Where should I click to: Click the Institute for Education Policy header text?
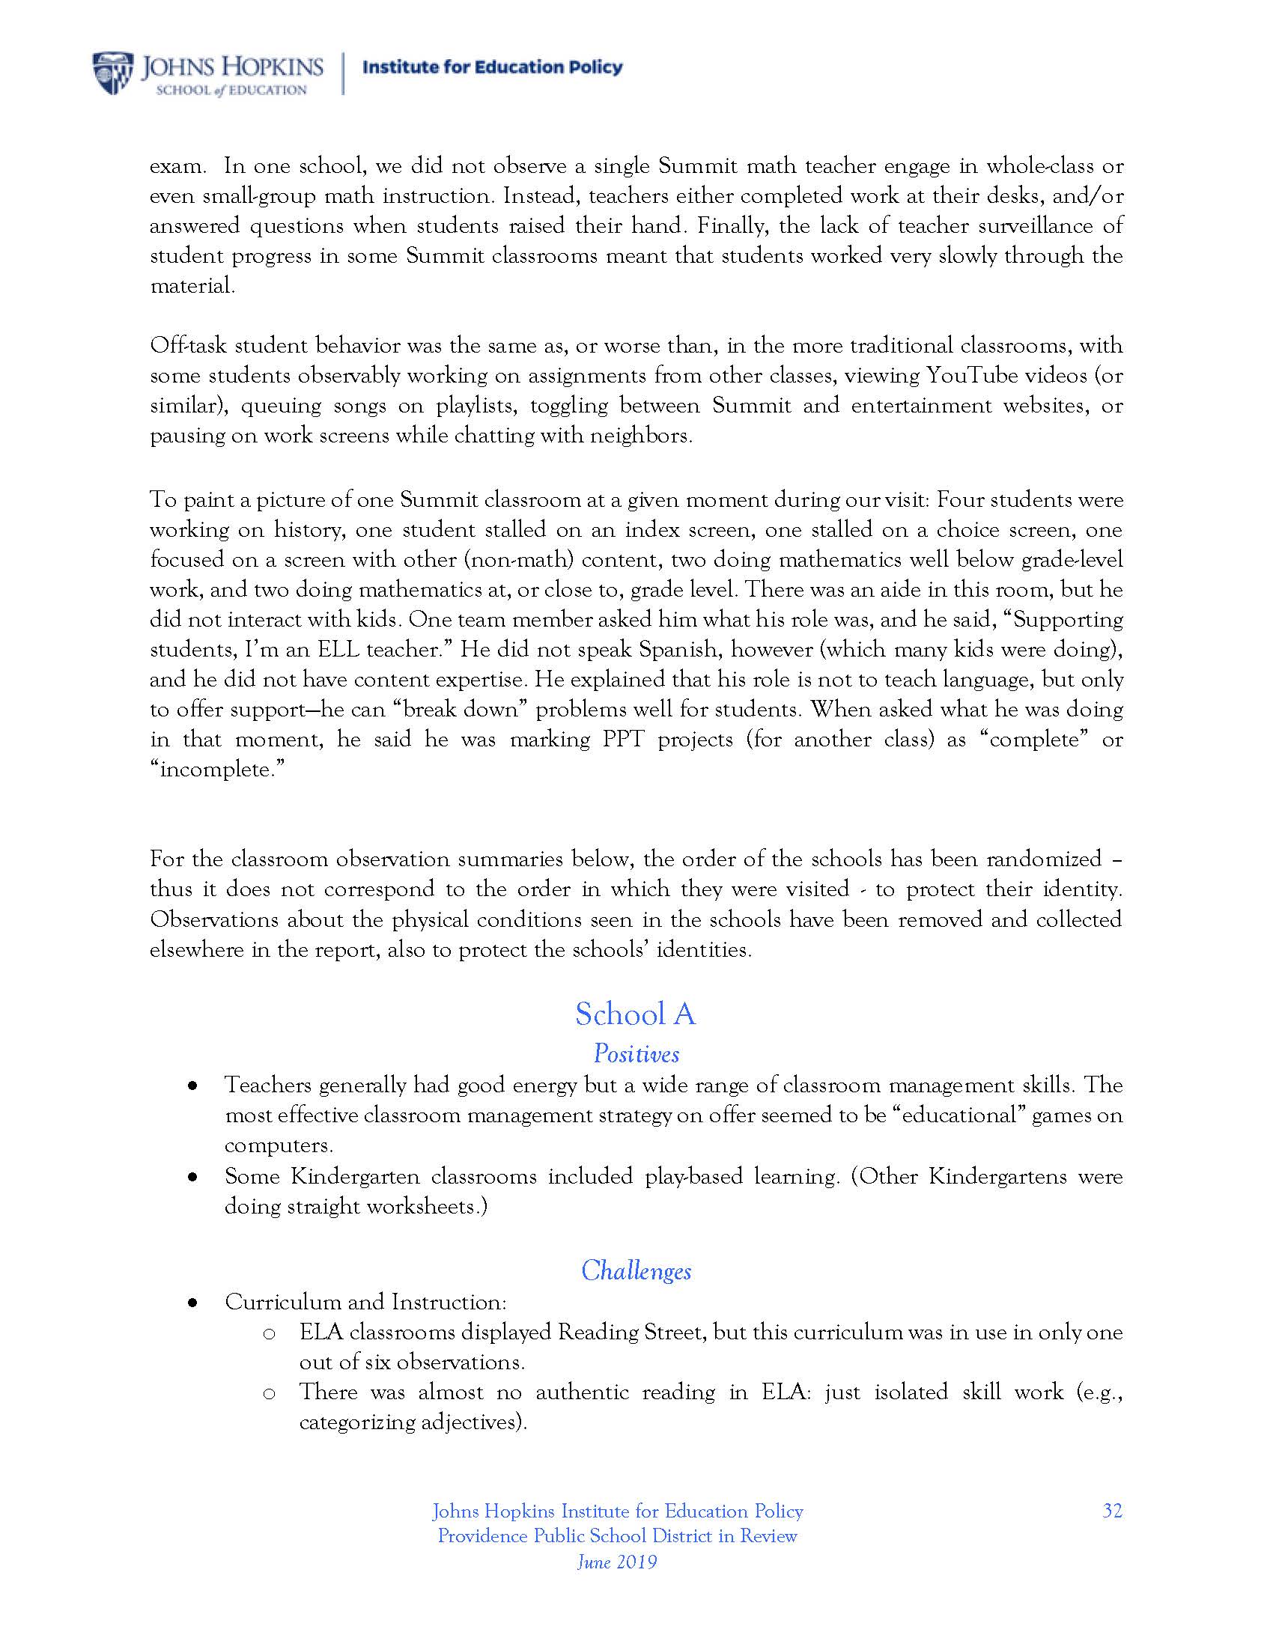click(493, 68)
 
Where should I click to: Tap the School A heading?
click(635, 1014)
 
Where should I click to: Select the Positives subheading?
click(636, 1053)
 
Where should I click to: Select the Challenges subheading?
click(636, 1270)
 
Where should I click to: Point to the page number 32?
click(1111, 1511)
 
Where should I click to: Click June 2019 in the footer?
click(617, 1562)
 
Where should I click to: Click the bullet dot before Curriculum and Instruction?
click(193, 1303)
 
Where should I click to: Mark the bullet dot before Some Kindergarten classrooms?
click(193, 1176)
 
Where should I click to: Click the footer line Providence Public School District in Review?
click(617, 1536)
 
